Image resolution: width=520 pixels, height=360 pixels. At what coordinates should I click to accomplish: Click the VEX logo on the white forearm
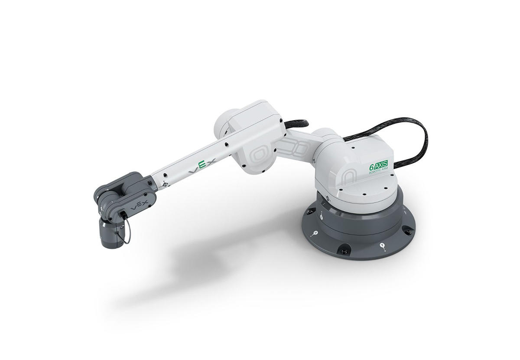coord(202,167)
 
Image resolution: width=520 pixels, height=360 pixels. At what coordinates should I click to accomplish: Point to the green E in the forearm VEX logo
coord(202,166)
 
